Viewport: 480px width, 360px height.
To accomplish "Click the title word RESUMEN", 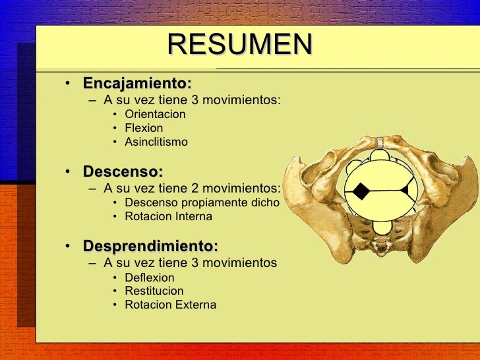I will click(239, 45).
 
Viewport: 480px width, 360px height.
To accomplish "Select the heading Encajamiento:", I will click(136, 84).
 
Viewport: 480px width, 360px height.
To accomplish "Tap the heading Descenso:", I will click(123, 172).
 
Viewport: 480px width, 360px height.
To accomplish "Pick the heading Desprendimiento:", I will click(150, 247).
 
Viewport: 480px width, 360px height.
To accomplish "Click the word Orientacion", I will click(155, 114).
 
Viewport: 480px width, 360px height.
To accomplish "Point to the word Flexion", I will click(144, 128).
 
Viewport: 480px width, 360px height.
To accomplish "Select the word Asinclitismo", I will click(156, 142).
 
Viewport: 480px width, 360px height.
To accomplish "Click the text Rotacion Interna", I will click(168, 216).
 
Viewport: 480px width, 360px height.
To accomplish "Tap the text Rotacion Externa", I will click(170, 305).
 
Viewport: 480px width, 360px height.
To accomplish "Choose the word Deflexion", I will click(150, 278).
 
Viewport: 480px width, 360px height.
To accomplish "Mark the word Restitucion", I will click(154, 291).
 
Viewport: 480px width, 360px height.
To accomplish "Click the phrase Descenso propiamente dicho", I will click(202, 202).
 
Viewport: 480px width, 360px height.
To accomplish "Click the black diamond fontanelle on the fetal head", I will click(361, 191).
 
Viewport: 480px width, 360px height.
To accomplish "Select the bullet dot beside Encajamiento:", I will click(68, 84).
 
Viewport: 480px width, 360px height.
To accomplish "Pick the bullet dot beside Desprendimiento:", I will click(68, 247).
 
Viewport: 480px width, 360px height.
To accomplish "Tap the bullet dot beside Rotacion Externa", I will click(115, 305).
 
